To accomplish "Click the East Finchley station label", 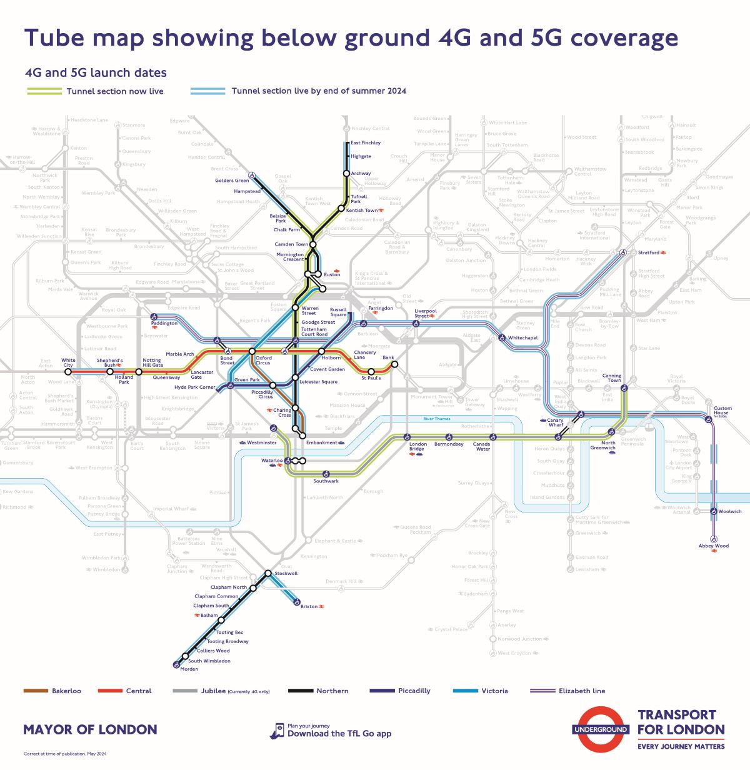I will pyautogui.click(x=366, y=143).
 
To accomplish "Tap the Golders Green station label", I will pyautogui.click(x=232, y=181).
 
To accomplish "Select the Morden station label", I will pyautogui.click(x=189, y=669).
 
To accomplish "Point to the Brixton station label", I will pyautogui.click(x=309, y=606).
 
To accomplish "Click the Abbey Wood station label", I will pyautogui.click(x=713, y=546).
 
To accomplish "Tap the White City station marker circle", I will pyautogui.click(x=68, y=371).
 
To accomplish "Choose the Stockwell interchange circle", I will pyautogui.click(x=268, y=573).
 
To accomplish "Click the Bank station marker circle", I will pyautogui.click(x=394, y=364).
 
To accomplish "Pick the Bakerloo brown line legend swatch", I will pyautogui.click(x=36, y=691).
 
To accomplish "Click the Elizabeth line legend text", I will pyautogui.click(x=582, y=691).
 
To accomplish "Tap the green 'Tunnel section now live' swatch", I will pyautogui.click(x=43, y=91).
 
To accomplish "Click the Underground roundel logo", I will pyautogui.click(x=601, y=729).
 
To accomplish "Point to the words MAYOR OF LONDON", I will pyautogui.click(x=90, y=729).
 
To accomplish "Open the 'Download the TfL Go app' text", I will pyautogui.click(x=339, y=734).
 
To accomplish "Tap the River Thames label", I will pyautogui.click(x=436, y=419).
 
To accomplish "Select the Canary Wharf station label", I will pyautogui.click(x=555, y=422).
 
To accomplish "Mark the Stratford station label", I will pyautogui.click(x=648, y=252).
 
